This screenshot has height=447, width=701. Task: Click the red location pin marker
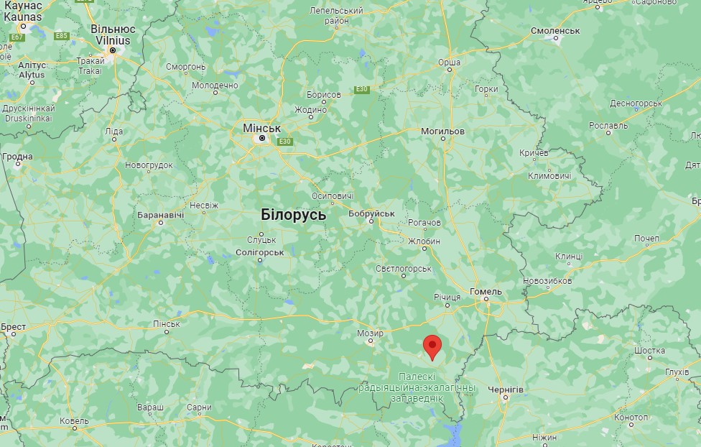pos(432,346)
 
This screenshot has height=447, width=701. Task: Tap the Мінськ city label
pos(258,127)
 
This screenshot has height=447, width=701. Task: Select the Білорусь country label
pos(294,214)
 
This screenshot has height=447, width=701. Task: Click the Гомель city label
pos(486,291)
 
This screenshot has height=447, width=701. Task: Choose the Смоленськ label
pos(555,31)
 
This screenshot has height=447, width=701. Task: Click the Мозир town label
pos(371,333)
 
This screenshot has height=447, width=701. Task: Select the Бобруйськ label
pos(371,213)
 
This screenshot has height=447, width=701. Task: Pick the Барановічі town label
pos(162,214)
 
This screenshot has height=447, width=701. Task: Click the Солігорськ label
pos(260,252)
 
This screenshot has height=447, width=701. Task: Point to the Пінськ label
pos(167,324)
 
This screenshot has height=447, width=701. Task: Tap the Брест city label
pos(13,327)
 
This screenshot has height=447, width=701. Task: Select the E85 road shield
pos(61,35)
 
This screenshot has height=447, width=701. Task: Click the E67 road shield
pos(18,37)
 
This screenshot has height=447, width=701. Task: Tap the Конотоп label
pos(631,418)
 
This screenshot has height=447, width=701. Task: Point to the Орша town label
pos(450,63)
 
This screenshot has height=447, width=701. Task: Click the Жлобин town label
pos(424,241)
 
